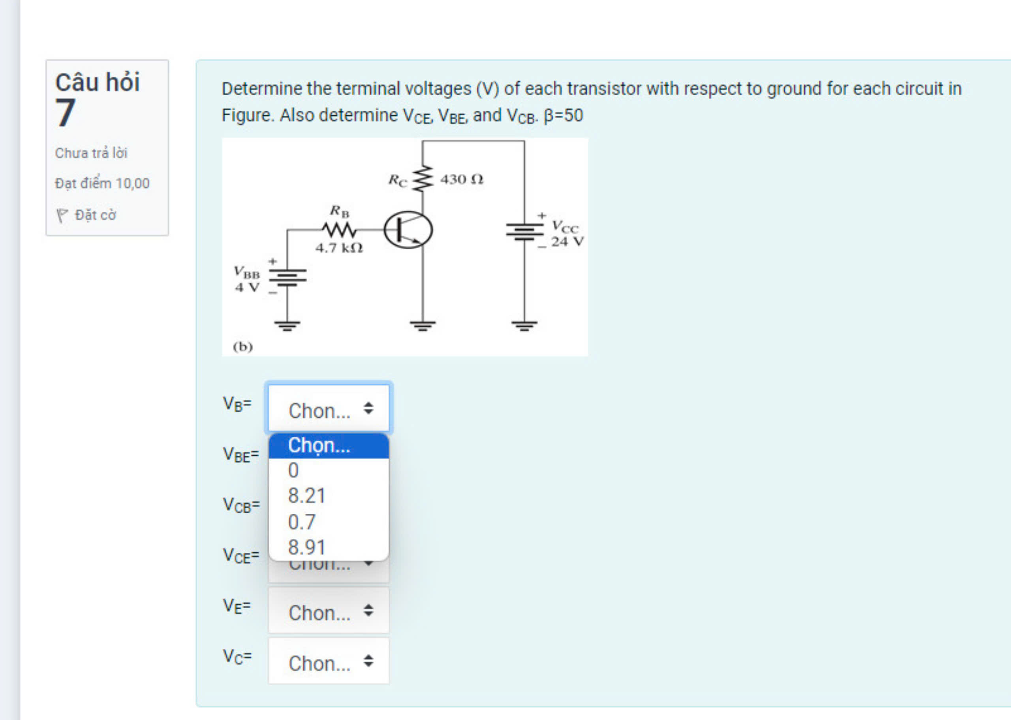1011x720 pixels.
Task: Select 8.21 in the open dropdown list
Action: (306, 496)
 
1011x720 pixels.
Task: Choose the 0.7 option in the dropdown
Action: (302, 522)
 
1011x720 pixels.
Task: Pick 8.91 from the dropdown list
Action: (306, 547)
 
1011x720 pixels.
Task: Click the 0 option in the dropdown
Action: (293, 470)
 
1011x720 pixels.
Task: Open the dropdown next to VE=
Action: (328, 611)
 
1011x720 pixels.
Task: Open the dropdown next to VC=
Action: (328, 662)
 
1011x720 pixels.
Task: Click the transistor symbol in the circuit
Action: (408, 230)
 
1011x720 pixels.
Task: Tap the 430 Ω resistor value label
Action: (461, 179)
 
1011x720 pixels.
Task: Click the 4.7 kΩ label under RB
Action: (339, 248)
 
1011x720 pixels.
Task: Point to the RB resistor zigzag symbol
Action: (339, 230)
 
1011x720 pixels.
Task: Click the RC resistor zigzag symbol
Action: (422, 179)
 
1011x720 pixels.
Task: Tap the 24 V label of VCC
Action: (567, 241)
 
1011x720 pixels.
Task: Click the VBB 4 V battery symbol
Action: (287, 277)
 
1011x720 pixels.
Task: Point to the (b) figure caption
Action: (243, 346)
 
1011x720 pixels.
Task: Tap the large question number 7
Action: (65, 113)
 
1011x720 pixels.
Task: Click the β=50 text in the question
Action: (563, 116)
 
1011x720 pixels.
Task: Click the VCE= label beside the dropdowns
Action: (241, 556)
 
